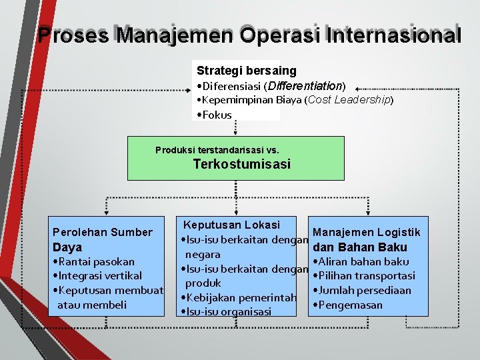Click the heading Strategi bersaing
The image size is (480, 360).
coord(247,70)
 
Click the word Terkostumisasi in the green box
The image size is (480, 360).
coord(242,164)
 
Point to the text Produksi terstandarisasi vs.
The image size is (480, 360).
coord(217,150)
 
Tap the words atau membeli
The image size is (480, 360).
coord(88,305)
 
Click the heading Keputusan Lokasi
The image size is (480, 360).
coord(231,225)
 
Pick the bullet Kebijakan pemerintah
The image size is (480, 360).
coord(231,297)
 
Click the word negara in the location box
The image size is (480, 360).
coord(203,255)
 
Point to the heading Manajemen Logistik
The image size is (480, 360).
coord(366,232)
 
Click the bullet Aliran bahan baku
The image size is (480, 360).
coord(363,262)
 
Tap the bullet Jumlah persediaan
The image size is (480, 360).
coord(363,291)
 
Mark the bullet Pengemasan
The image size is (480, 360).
coord(349,305)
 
